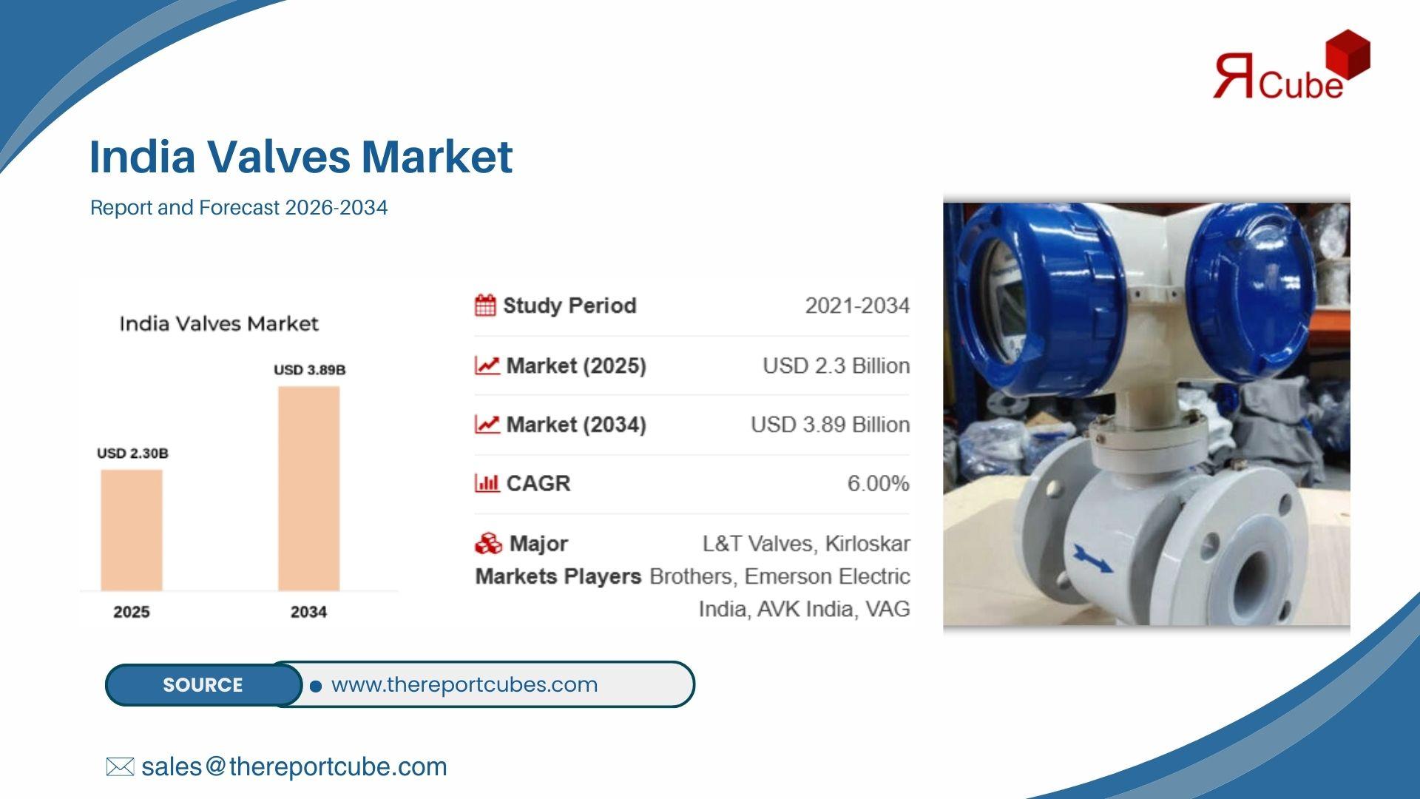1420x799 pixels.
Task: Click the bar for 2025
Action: point(132,530)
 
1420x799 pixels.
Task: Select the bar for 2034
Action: point(309,488)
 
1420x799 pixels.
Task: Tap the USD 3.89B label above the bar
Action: point(310,370)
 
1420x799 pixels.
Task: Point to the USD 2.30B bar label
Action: point(132,454)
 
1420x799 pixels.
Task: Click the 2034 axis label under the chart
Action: point(308,612)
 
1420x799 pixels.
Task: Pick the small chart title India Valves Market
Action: point(219,324)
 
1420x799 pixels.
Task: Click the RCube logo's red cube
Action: point(1348,53)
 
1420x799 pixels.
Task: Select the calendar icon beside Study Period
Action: point(485,305)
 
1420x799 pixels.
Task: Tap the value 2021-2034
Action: point(857,306)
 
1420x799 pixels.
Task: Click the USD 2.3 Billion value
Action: point(836,365)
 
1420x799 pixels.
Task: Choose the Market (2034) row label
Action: point(576,425)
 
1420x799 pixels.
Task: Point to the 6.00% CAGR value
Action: point(879,483)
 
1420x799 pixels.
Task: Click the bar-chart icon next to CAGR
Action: point(487,483)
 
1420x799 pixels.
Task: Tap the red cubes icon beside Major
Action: point(488,544)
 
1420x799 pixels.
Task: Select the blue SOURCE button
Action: point(203,684)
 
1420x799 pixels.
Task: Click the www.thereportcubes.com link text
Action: point(464,684)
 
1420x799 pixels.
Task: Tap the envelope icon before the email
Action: point(120,766)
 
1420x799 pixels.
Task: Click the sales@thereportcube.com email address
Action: point(294,766)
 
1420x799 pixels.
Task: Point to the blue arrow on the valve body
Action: point(1092,559)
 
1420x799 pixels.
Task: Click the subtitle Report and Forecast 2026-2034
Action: point(239,207)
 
